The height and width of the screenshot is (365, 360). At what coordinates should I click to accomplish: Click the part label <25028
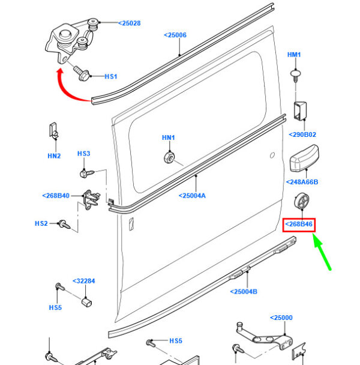[x=130, y=23]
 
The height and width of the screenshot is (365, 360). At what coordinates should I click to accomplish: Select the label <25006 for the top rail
[x=175, y=35]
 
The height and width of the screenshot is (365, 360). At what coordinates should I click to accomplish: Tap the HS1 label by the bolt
[x=111, y=76]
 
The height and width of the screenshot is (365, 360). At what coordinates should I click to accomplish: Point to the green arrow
[x=322, y=252]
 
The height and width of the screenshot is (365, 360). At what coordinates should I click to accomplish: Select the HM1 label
[x=294, y=55]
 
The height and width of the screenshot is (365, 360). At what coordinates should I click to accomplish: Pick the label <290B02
[x=302, y=134]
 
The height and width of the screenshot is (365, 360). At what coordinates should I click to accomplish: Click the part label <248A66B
[x=302, y=182]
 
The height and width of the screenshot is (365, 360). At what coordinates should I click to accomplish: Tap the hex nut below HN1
[x=169, y=158]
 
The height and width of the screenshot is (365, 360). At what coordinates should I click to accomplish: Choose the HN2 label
[x=54, y=155]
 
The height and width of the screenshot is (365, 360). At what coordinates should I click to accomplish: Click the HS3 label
[x=83, y=154]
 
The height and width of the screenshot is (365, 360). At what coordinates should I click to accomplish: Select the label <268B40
[x=56, y=196]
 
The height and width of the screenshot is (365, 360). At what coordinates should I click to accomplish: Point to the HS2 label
[x=41, y=223]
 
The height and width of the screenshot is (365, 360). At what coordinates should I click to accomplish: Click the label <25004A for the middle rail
[x=192, y=196]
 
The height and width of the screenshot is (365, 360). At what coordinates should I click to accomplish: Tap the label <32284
[x=84, y=281]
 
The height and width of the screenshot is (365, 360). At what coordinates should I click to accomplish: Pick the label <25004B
[x=244, y=291]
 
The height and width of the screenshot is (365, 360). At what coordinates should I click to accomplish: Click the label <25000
[x=281, y=318]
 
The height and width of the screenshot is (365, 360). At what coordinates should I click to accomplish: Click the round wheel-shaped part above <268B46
[x=301, y=201]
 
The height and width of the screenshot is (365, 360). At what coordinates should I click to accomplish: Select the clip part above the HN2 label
[x=54, y=131]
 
